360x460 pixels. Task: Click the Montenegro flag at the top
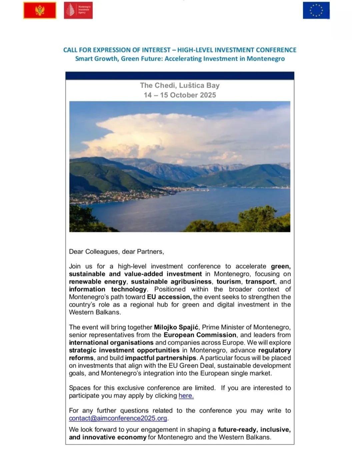[x=40, y=10]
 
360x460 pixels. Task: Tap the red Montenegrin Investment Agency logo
[x=78, y=10]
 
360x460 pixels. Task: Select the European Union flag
[x=316, y=10]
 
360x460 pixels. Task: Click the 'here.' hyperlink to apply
[x=186, y=396]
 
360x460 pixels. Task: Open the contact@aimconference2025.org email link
[x=118, y=418]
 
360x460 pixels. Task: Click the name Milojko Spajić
[x=176, y=327]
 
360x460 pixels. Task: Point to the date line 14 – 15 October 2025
[x=180, y=95]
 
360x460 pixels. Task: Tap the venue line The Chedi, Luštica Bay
[x=180, y=85]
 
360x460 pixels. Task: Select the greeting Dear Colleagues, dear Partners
[x=116, y=252]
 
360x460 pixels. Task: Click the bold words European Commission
[x=200, y=335]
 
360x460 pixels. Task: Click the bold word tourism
[x=228, y=282]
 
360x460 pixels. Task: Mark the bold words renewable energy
[x=98, y=282]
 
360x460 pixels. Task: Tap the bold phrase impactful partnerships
[x=161, y=358]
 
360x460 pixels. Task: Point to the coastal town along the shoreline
[x=127, y=195]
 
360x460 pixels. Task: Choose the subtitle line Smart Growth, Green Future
[x=180, y=59]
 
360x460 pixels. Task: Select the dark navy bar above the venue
[x=180, y=76]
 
